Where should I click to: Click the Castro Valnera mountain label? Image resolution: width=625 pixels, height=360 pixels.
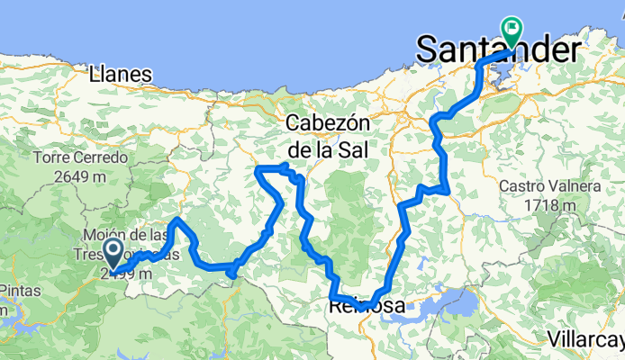548,186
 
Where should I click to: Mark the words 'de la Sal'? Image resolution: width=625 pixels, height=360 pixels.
328,148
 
